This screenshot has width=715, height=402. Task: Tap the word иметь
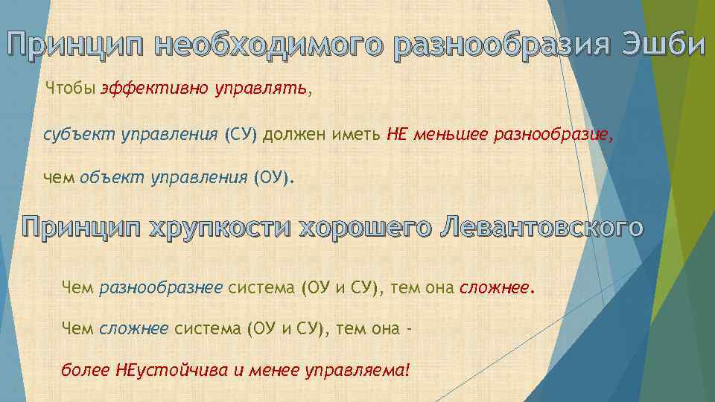[x=360, y=135]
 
